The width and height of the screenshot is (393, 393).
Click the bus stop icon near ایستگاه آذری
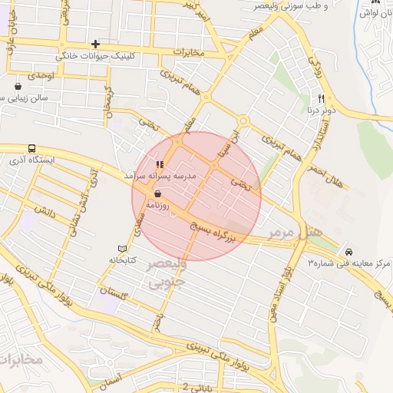coord(31,148)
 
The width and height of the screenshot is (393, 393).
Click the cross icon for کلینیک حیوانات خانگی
coord(95,45)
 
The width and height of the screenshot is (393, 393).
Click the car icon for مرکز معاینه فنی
coord(348,252)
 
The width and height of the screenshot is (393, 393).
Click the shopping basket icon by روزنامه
coord(158,194)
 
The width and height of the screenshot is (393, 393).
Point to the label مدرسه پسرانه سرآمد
coord(160,176)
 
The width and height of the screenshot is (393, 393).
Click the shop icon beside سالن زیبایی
coord(18,86)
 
